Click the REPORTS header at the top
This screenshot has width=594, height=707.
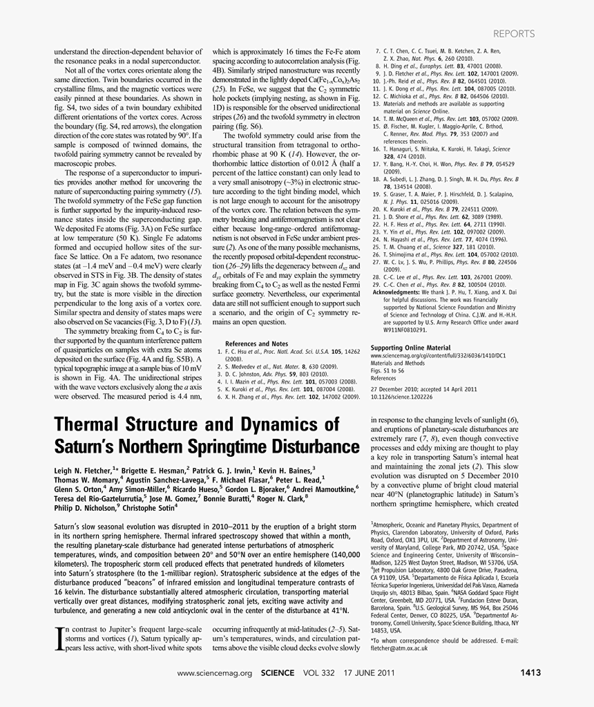pos(514,33)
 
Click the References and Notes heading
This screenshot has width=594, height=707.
pos(256,343)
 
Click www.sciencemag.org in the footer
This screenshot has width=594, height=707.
pos(215,672)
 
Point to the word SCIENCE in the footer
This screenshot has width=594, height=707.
pos(278,672)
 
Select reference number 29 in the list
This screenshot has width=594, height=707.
pos(377,284)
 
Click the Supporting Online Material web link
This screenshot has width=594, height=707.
pos(439,355)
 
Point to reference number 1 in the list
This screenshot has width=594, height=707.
pos(220,352)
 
